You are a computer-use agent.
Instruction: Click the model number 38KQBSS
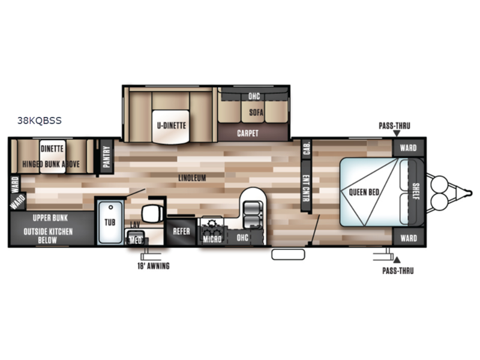point(40,120)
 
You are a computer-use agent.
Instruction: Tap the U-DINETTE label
point(172,126)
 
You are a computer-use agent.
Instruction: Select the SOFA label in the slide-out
point(256,112)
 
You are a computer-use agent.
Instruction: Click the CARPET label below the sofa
point(248,133)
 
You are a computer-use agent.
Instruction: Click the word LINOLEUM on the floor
point(193,178)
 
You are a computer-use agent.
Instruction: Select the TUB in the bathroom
point(110,223)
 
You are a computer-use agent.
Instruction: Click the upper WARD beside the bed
point(408,147)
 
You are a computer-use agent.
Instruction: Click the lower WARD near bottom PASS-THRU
point(408,238)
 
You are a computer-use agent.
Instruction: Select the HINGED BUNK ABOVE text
point(54,163)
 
